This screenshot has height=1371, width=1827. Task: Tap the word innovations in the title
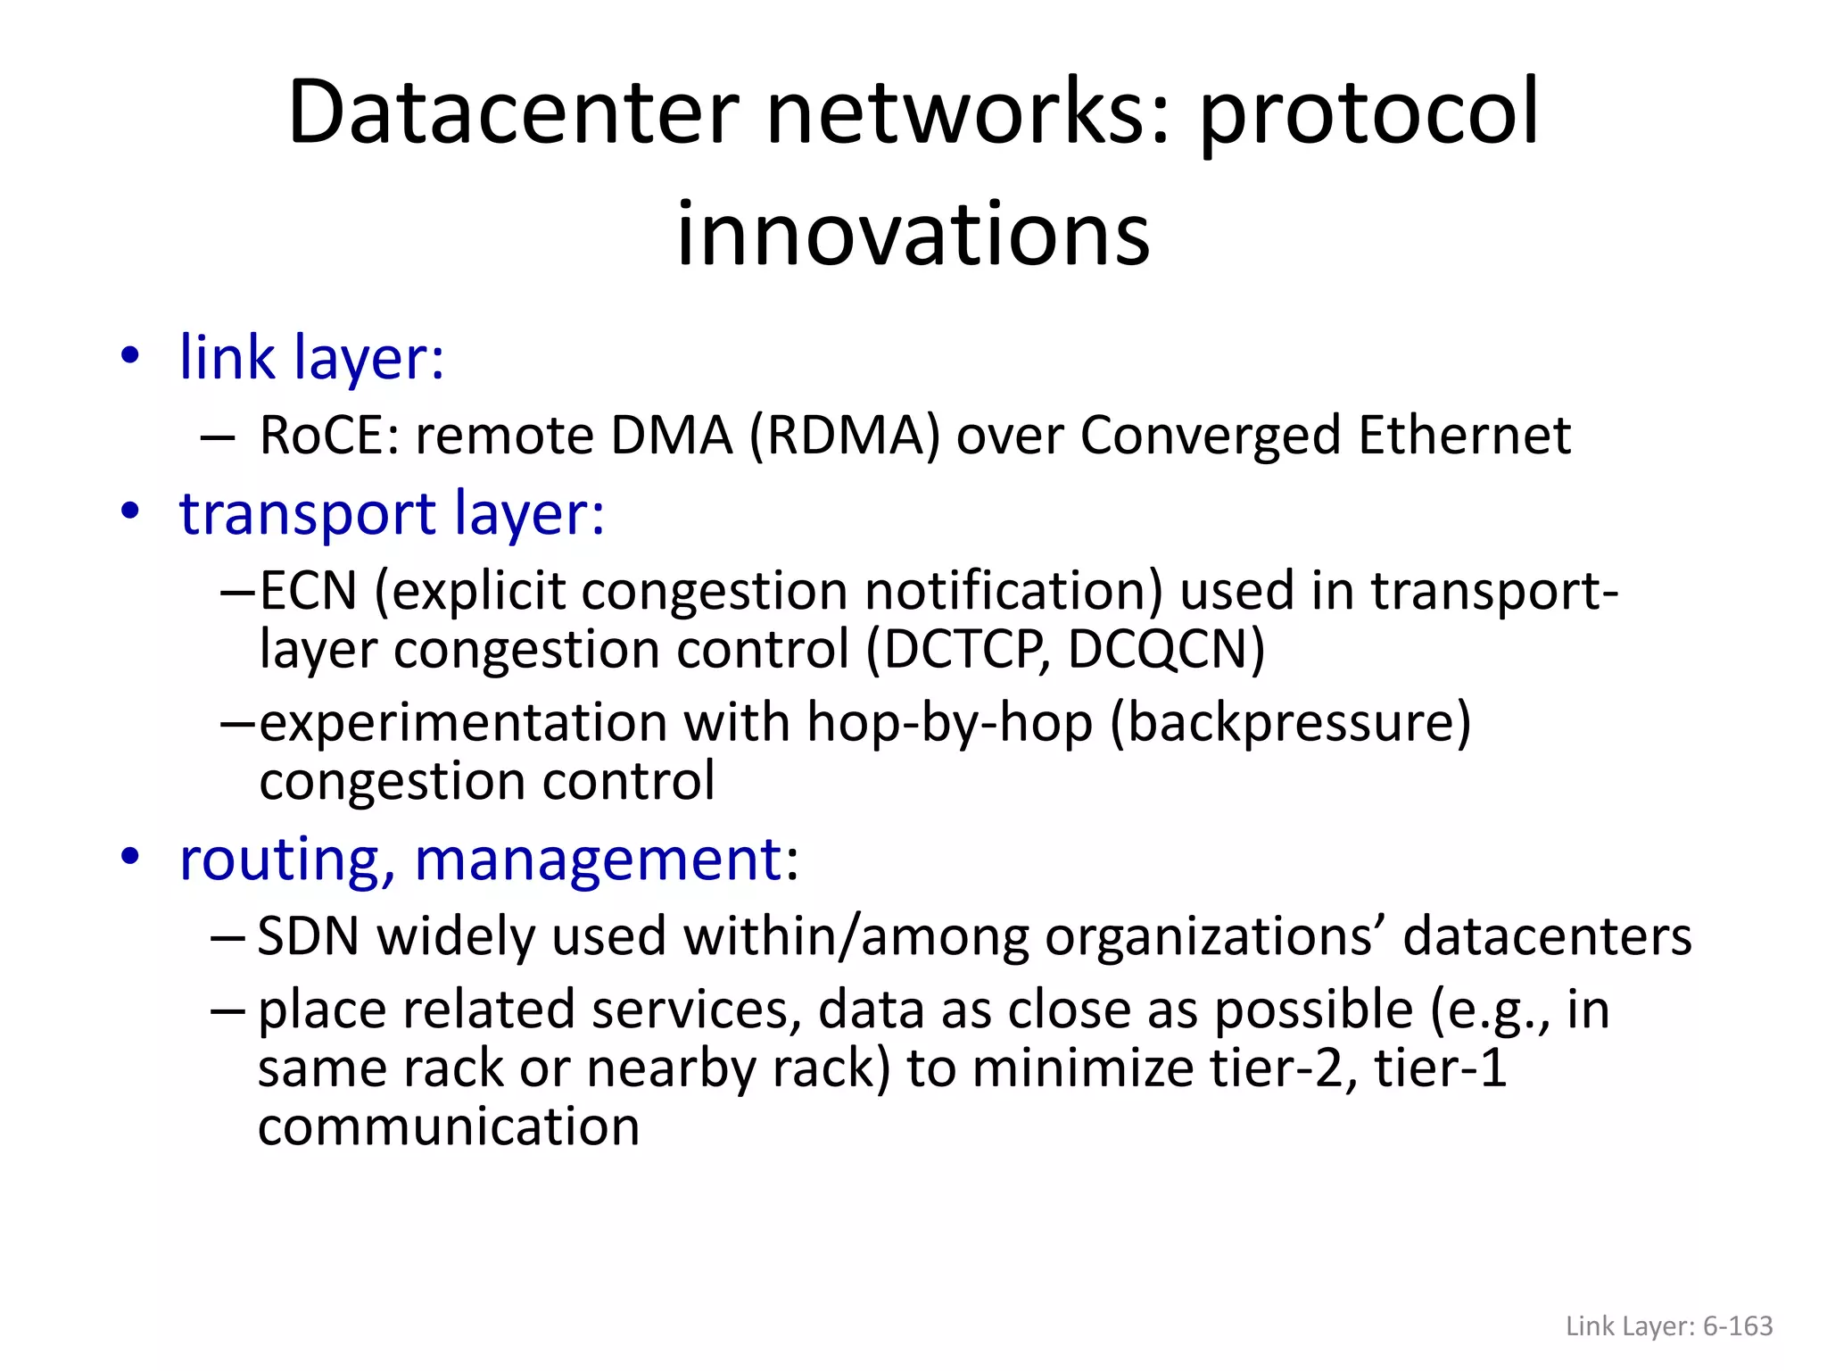[x=913, y=234]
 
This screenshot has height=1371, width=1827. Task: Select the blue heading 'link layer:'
[x=311, y=357]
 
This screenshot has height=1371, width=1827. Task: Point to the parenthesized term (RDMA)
[x=845, y=436]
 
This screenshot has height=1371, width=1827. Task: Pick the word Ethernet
[x=1464, y=436]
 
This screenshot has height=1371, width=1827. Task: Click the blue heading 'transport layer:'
[x=392, y=513]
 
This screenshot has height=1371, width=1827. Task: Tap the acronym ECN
[x=309, y=591]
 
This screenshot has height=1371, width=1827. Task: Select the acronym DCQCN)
[x=1166, y=649]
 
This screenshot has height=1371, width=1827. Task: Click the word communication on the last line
[x=449, y=1126]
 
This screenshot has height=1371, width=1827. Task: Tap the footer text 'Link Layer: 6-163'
[x=1669, y=1325]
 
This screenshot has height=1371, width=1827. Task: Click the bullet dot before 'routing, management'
[x=131, y=857]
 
